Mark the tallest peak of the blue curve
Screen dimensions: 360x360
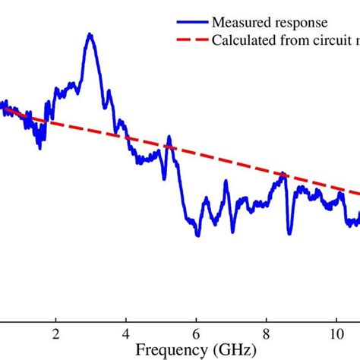click(90, 34)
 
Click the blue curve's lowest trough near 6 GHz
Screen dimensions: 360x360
click(197, 235)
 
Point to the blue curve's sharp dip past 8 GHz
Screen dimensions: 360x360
click(289, 233)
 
